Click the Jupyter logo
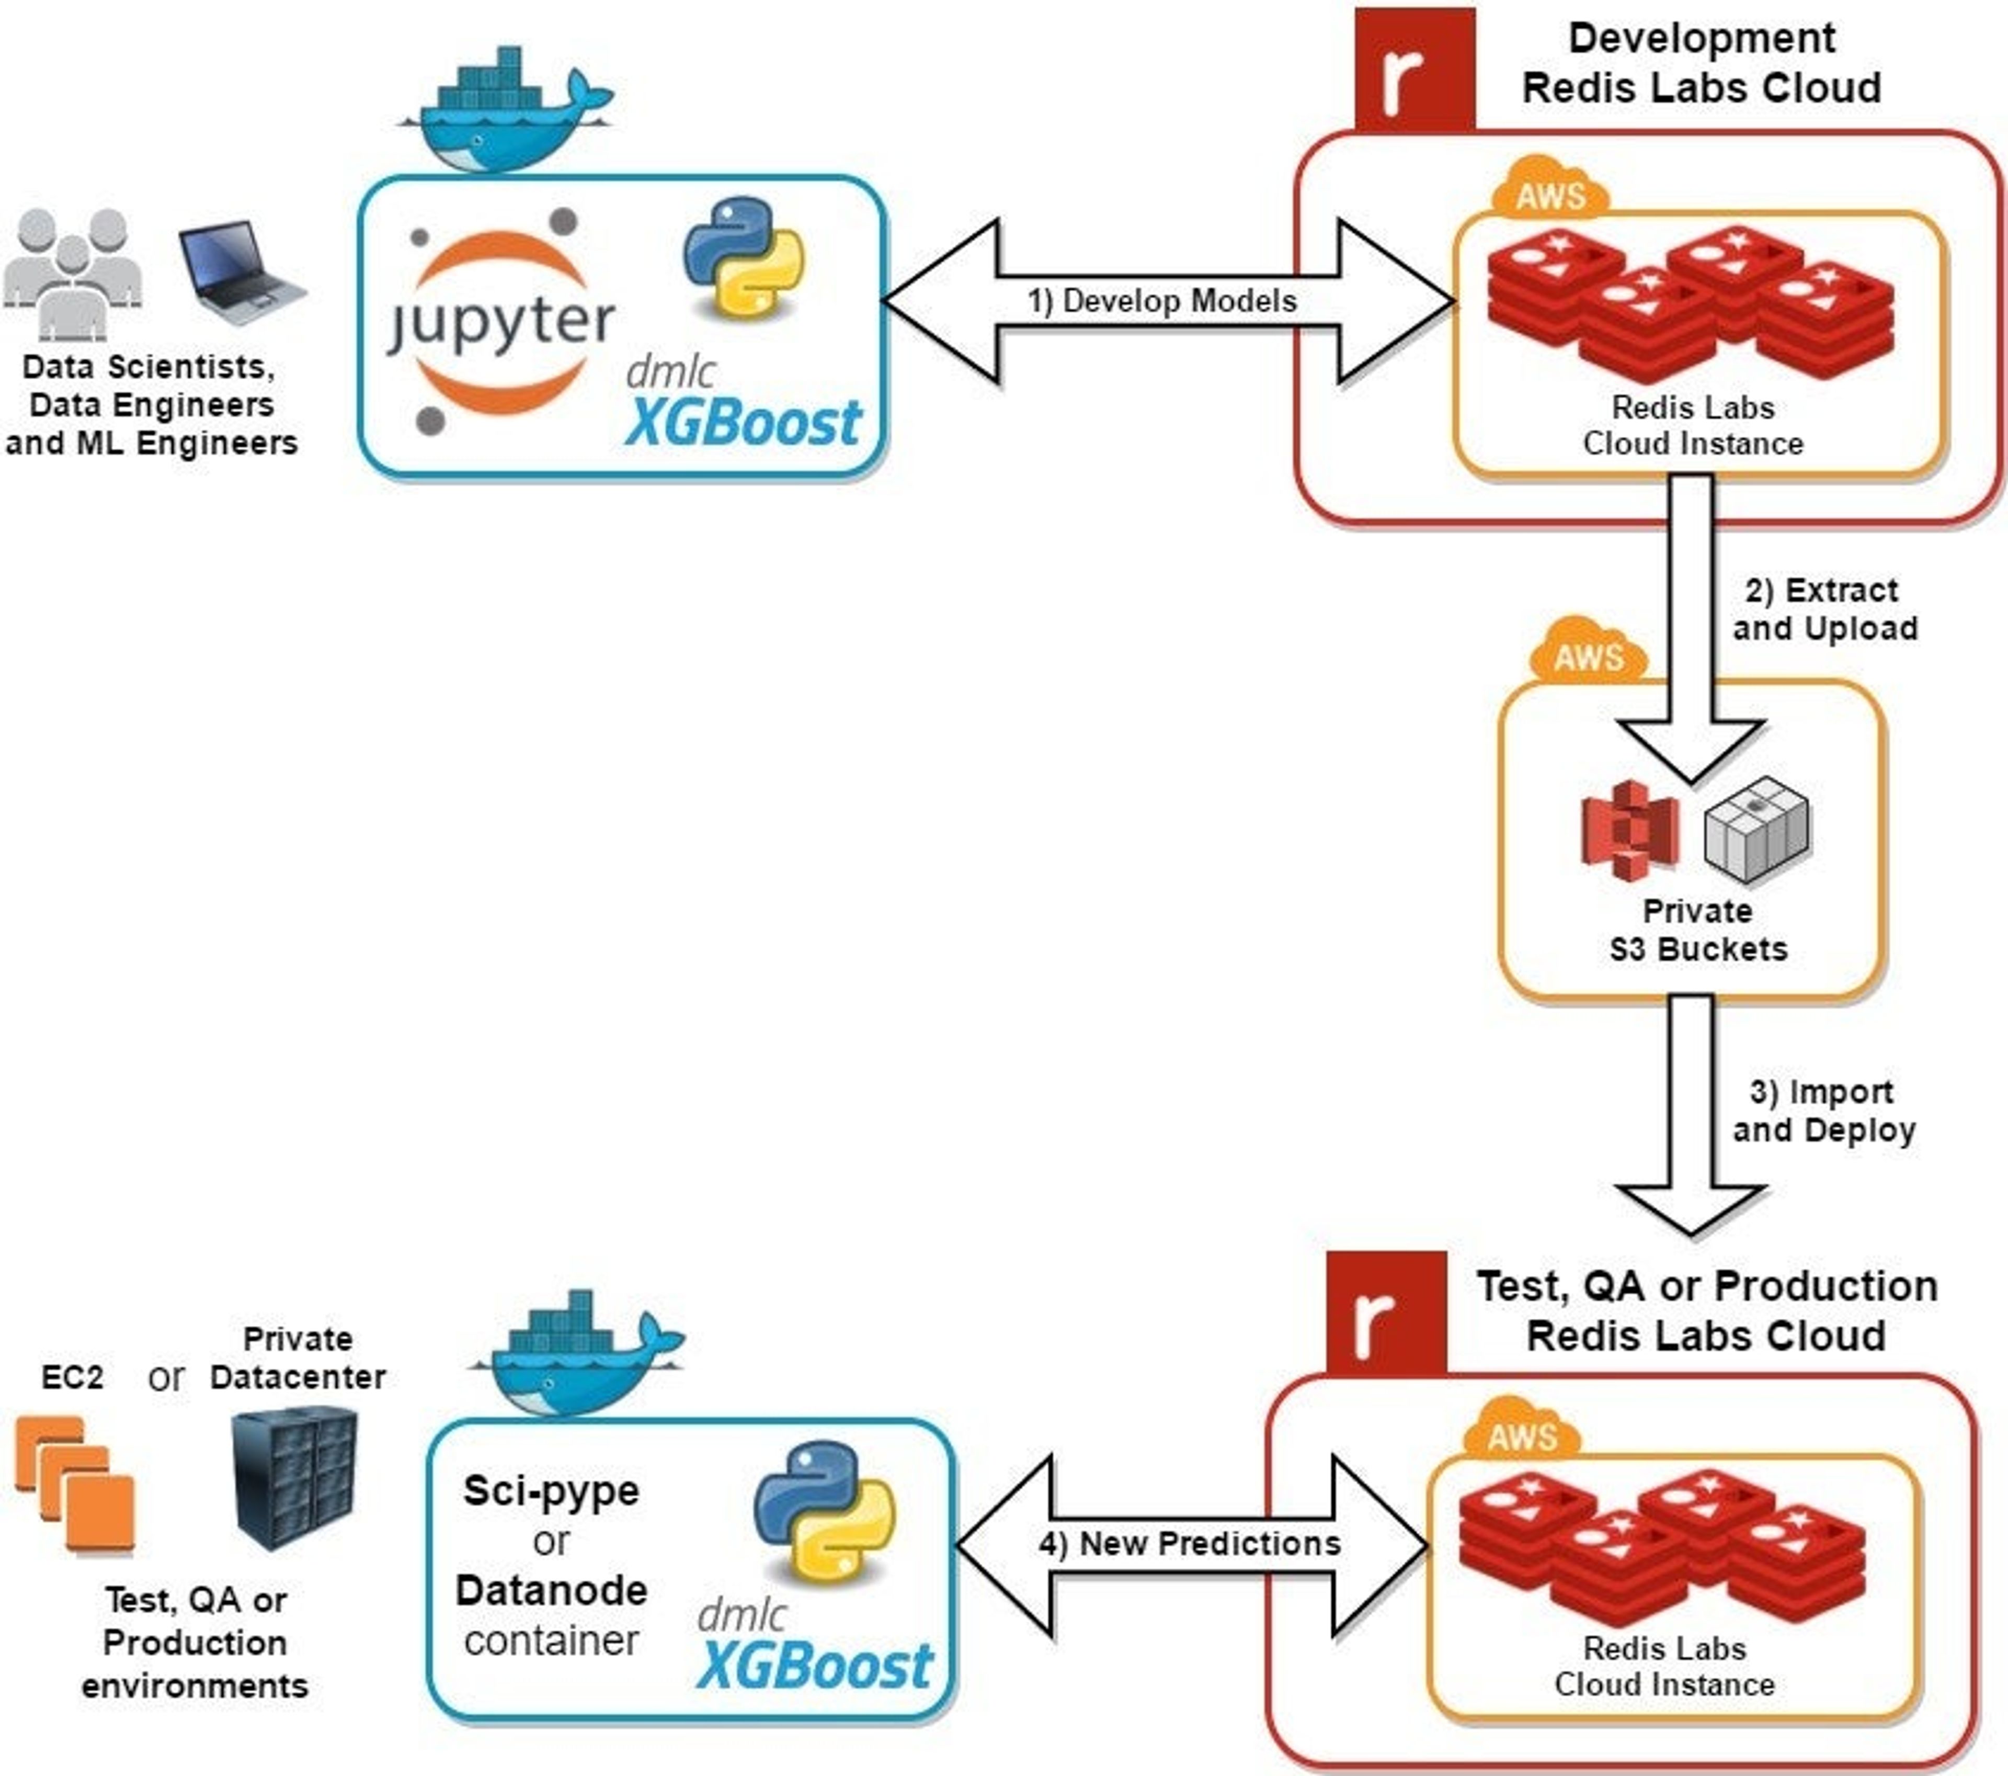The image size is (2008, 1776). click(x=501, y=322)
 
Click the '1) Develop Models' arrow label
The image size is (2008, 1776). click(x=1162, y=301)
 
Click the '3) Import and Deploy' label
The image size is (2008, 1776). click(x=1823, y=1111)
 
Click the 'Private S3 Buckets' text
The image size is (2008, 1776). click(x=1697, y=930)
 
